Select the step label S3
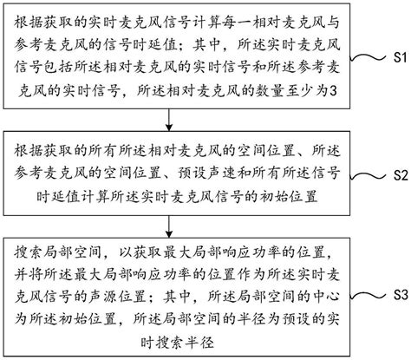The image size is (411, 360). click(395, 293)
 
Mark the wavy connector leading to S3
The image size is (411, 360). click(368, 293)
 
